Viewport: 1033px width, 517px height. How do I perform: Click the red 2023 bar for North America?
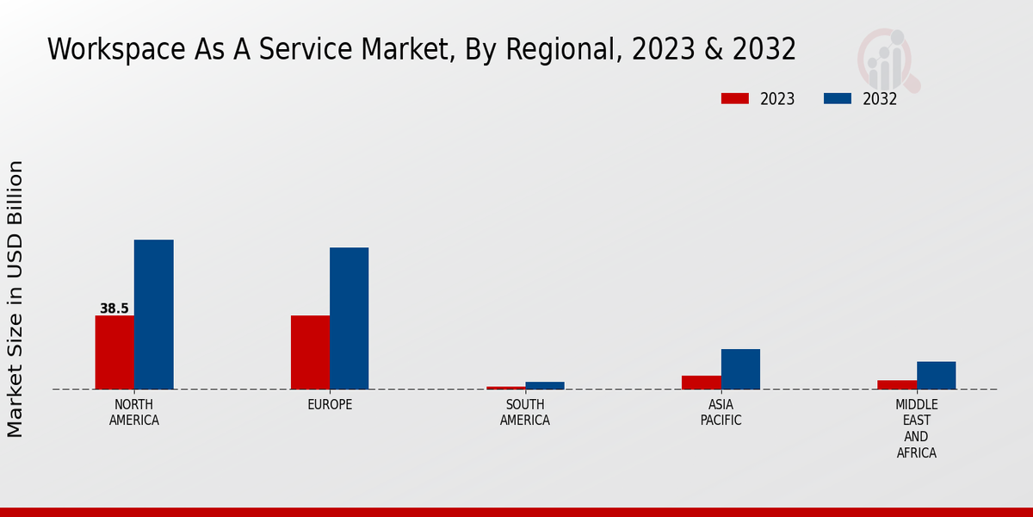(114, 352)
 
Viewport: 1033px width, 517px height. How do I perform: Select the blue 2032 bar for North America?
(153, 315)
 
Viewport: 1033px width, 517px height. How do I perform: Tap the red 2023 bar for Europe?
(310, 352)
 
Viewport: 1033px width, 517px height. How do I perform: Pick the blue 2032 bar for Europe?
(349, 318)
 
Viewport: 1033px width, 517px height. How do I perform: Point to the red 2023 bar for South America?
(505, 388)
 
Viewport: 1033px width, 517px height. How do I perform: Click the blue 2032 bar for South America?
(545, 385)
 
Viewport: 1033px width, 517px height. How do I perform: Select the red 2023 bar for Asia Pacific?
(701, 382)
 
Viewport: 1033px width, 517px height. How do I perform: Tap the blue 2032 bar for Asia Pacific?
(740, 369)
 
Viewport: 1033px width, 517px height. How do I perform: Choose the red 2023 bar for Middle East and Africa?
(897, 384)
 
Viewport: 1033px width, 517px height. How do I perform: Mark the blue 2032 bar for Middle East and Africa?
(936, 375)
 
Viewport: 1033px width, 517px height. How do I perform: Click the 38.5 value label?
(114, 308)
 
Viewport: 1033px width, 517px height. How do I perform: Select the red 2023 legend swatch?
(734, 98)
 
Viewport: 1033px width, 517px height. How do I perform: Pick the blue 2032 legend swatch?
(837, 98)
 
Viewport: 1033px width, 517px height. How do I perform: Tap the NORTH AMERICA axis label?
(134, 413)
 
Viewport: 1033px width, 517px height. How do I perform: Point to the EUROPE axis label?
(330, 405)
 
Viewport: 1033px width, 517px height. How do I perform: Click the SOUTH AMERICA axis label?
(525, 413)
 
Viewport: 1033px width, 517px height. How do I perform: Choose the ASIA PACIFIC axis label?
(721, 413)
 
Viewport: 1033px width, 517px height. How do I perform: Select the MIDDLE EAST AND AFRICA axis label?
(917, 428)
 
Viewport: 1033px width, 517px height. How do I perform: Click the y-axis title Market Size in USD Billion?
(15, 298)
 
